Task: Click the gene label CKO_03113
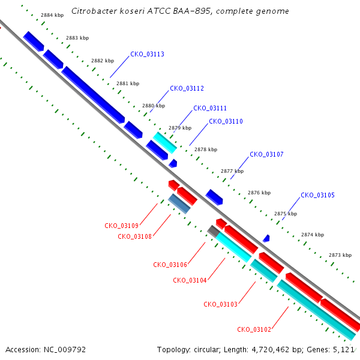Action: coord(147,54)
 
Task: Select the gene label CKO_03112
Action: coord(187,88)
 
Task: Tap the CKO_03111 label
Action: coord(210,108)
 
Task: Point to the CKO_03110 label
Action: coord(226,121)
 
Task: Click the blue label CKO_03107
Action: coord(266,154)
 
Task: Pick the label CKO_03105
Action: coord(317,195)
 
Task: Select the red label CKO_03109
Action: coord(121,226)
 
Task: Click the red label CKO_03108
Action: coord(135,236)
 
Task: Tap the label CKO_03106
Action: coord(170,265)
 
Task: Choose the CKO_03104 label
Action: coord(190,280)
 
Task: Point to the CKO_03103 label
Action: coord(220,304)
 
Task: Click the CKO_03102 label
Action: coord(254,329)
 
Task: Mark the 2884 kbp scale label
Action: coord(52,15)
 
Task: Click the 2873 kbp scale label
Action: coord(340,255)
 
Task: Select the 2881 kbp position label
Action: coord(128,83)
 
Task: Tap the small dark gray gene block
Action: coord(214,232)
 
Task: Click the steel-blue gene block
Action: coord(179,203)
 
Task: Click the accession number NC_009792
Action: coord(65,350)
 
